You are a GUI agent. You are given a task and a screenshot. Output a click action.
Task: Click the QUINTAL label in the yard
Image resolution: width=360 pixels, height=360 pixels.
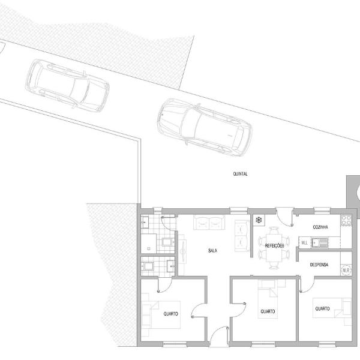click(x=241, y=174)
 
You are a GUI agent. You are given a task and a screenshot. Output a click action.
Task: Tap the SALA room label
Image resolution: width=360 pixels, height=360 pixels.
click(x=212, y=250)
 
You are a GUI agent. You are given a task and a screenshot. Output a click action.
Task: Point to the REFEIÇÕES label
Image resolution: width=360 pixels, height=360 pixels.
click(x=274, y=245)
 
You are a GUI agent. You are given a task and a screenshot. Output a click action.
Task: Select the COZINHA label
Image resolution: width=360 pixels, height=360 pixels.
click(x=320, y=227)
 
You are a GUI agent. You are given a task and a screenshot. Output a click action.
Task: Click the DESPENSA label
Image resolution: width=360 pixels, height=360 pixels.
click(x=319, y=265)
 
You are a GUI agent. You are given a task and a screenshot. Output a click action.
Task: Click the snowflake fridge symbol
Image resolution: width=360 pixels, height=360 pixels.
click(x=259, y=220)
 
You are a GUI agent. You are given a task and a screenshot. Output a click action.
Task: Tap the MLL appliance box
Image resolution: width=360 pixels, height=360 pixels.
click(x=304, y=242)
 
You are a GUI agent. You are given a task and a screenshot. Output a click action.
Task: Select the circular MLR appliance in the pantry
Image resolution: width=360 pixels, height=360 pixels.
click(x=346, y=270)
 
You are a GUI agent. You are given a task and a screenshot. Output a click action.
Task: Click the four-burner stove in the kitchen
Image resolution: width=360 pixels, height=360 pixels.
click(x=346, y=220)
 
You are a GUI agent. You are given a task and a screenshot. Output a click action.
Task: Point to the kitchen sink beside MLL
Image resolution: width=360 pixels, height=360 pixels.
click(x=320, y=242)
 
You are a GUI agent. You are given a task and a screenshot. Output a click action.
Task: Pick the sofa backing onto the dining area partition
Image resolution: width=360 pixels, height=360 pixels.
click(x=242, y=236)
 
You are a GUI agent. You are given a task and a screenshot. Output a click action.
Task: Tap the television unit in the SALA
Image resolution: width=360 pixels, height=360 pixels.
click(x=183, y=251)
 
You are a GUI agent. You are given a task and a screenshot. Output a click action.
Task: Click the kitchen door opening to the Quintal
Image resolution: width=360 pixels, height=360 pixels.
click(x=284, y=217)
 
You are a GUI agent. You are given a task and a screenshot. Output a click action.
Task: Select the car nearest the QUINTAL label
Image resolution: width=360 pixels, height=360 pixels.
click(x=205, y=127)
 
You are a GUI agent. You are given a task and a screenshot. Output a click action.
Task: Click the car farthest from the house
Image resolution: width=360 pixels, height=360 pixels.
click(x=67, y=86)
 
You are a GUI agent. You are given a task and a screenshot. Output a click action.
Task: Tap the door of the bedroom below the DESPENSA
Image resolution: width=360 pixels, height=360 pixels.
click(x=307, y=284)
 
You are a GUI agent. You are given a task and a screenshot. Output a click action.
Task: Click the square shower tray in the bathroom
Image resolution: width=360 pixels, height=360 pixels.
click(x=149, y=244)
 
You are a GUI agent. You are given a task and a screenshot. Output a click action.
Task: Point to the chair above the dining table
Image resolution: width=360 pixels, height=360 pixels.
click(x=274, y=230)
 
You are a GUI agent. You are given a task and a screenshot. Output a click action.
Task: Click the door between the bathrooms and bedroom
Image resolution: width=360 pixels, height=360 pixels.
click(x=165, y=284)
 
